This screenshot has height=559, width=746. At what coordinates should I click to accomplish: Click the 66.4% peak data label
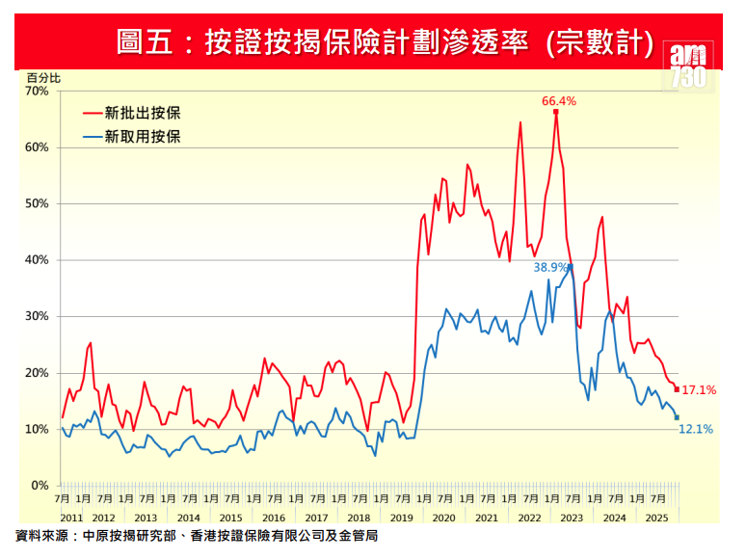pos(559,100)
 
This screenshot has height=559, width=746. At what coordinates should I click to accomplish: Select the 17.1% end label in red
pos(699,390)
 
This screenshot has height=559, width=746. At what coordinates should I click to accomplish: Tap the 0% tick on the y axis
pos(40,486)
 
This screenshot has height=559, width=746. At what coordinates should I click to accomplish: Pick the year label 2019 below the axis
pos(401,519)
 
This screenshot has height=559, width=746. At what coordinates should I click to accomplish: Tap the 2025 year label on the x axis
pos(656,519)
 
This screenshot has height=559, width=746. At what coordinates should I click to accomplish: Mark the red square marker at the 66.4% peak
pos(556,112)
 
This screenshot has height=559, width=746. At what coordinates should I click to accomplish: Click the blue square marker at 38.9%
pos(571,266)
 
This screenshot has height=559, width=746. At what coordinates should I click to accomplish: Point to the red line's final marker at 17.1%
pos(678,390)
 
